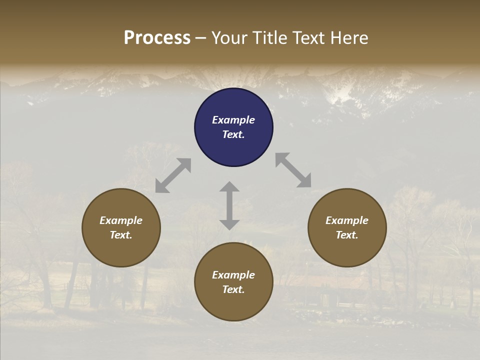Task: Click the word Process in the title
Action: click(157, 38)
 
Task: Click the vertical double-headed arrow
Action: click(229, 205)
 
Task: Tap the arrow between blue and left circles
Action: click(173, 175)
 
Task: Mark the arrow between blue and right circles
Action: click(293, 170)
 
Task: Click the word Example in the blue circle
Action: click(233, 120)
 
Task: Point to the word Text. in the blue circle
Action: click(233, 134)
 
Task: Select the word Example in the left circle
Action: click(121, 220)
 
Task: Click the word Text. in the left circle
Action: click(121, 235)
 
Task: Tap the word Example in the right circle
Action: click(347, 220)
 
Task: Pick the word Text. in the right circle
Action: click(347, 235)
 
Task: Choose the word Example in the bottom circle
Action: click(233, 275)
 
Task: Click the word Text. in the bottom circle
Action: click(233, 289)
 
